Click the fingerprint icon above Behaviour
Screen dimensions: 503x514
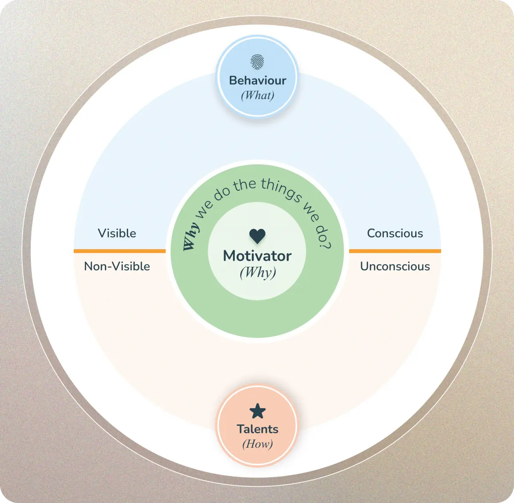(257, 61)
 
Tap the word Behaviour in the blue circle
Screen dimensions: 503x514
(257, 80)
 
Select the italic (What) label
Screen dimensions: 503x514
(257, 95)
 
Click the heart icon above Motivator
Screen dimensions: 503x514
(257, 235)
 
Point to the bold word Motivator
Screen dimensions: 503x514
(257, 256)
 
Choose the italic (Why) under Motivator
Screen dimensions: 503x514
(257, 272)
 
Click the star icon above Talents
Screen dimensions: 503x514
(257, 411)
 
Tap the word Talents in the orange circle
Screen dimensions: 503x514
(257, 429)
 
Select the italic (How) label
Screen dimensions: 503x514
(257, 444)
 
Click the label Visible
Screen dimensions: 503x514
(117, 233)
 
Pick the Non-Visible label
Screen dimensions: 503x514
(117, 266)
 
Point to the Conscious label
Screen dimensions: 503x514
(395, 233)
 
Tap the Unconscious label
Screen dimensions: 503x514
(395, 266)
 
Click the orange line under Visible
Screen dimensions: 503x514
(120, 251)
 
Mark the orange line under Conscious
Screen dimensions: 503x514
(395, 251)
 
